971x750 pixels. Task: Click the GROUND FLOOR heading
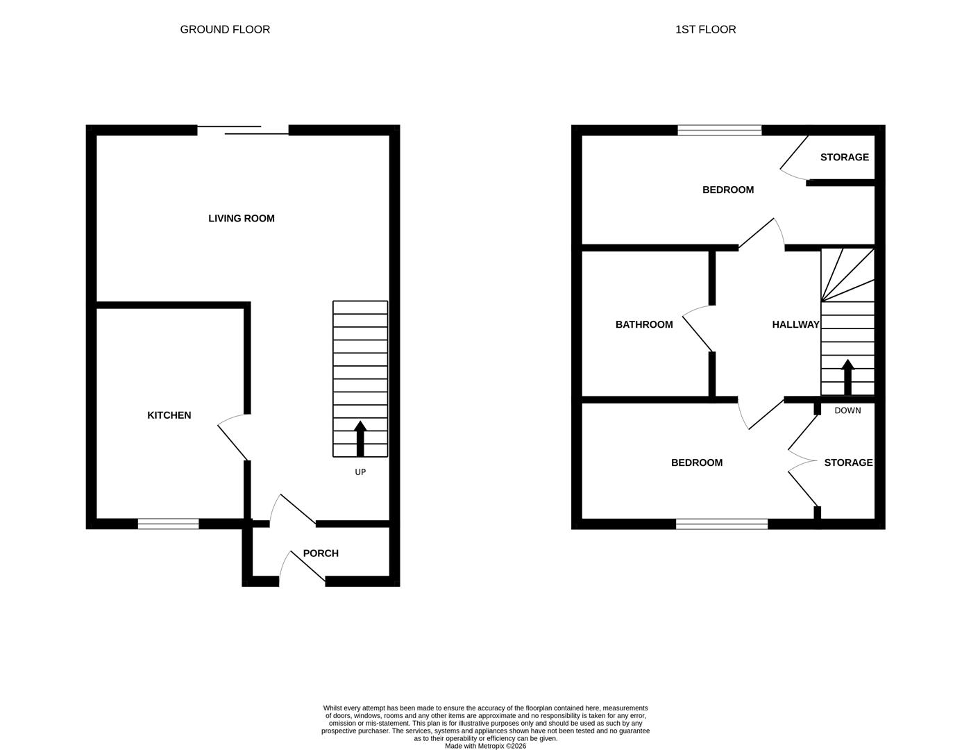[225, 29]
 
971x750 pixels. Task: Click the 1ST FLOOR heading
[705, 29]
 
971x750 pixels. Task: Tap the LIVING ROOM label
[242, 218]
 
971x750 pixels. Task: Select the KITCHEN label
[169, 415]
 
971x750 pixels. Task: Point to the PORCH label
[321, 553]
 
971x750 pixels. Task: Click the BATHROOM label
[644, 324]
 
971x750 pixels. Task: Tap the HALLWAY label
[795, 324]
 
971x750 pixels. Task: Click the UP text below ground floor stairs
[360, 472]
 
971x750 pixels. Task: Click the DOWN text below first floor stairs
[847, 410]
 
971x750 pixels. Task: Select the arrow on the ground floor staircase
[360, 438]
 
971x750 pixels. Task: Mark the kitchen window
[168, 524]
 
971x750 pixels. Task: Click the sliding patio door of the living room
[243, 130]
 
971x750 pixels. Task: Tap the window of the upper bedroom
[719, 130]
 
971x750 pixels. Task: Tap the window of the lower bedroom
[722, 524]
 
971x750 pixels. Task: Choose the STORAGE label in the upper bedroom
[844, 157]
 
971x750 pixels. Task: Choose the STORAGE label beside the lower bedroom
[848, 462]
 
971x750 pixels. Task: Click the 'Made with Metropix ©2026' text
[485, 746]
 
